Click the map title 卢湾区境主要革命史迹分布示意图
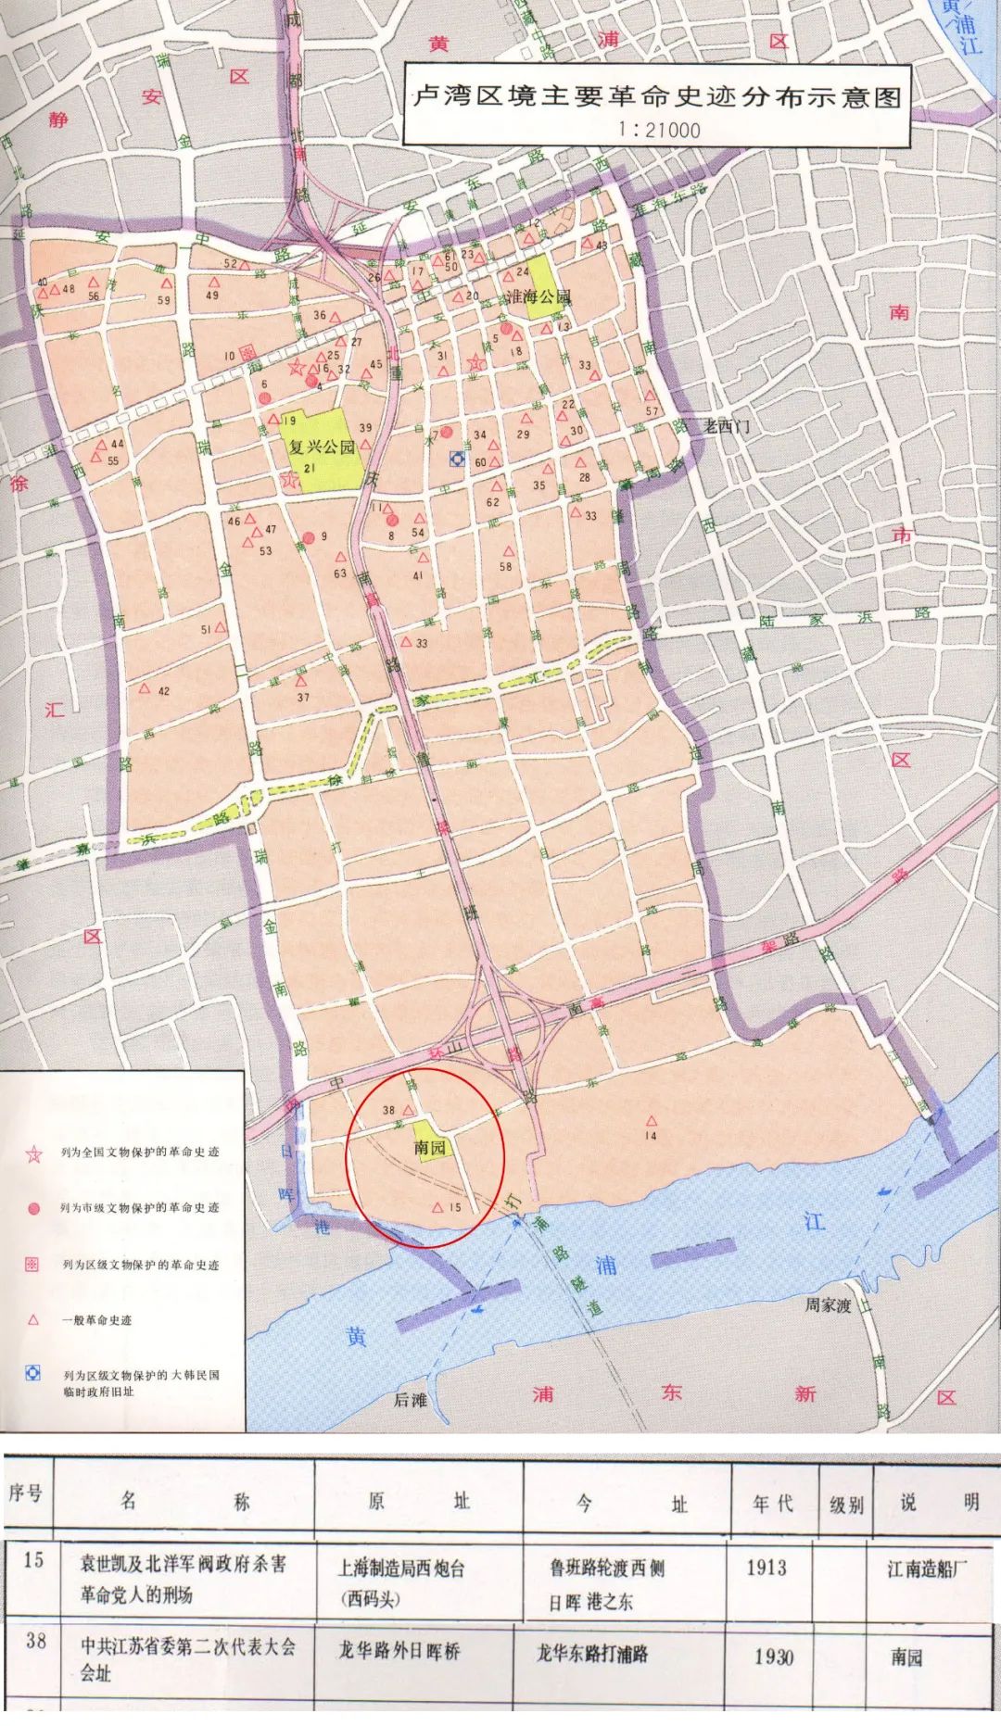point(656,96)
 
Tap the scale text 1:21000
point(659,130)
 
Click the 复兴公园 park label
point(322,447)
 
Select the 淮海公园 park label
point(538,296)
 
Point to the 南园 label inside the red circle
point(430,1147)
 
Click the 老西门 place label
point(727,426)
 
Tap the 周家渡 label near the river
point(827,1304)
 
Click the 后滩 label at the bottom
point(411,1399)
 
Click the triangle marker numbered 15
point(437,1207)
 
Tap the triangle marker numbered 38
point(408,1109)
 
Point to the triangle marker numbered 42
point(145,688)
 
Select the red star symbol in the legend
point(34,1153)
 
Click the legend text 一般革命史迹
point(96,1320)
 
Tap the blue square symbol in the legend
point(33,1373)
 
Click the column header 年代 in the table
point(772,1503)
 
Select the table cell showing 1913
point(767,1568)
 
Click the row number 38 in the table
point(35,1641)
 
